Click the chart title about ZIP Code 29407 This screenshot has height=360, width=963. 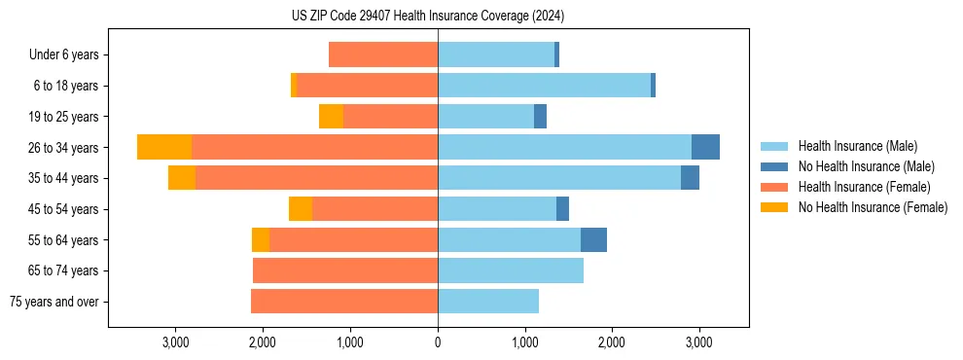(428, 17)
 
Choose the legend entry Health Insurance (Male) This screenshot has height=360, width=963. (857, 146)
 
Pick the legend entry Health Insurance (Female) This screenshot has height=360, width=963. (864, 187)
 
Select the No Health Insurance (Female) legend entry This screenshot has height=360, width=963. (873, 207)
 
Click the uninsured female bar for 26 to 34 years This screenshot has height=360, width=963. (164, 147)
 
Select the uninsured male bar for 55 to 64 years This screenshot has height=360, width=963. (593, 239)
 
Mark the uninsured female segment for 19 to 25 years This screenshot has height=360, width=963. (331, 117)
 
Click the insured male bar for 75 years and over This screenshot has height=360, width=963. (488, 302)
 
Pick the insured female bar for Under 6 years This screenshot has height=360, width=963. (383, 55)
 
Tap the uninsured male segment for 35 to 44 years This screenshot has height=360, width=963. (690, 178)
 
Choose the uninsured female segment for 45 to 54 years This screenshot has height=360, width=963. (301, 209)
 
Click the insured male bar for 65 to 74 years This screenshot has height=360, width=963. (511, 270)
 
